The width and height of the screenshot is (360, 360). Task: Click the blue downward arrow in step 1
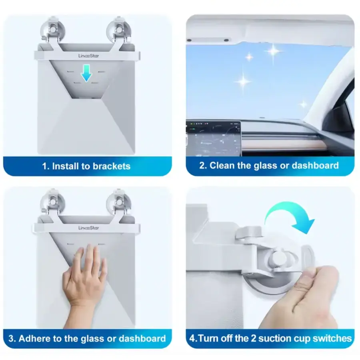click(86, 73)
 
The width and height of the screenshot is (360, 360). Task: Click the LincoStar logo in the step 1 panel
click(89, 56)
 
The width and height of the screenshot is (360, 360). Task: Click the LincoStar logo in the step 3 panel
click(89, 228)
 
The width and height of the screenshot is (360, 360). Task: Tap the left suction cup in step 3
click(52, 202)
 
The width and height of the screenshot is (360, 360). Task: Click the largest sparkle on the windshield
click(273, 51)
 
